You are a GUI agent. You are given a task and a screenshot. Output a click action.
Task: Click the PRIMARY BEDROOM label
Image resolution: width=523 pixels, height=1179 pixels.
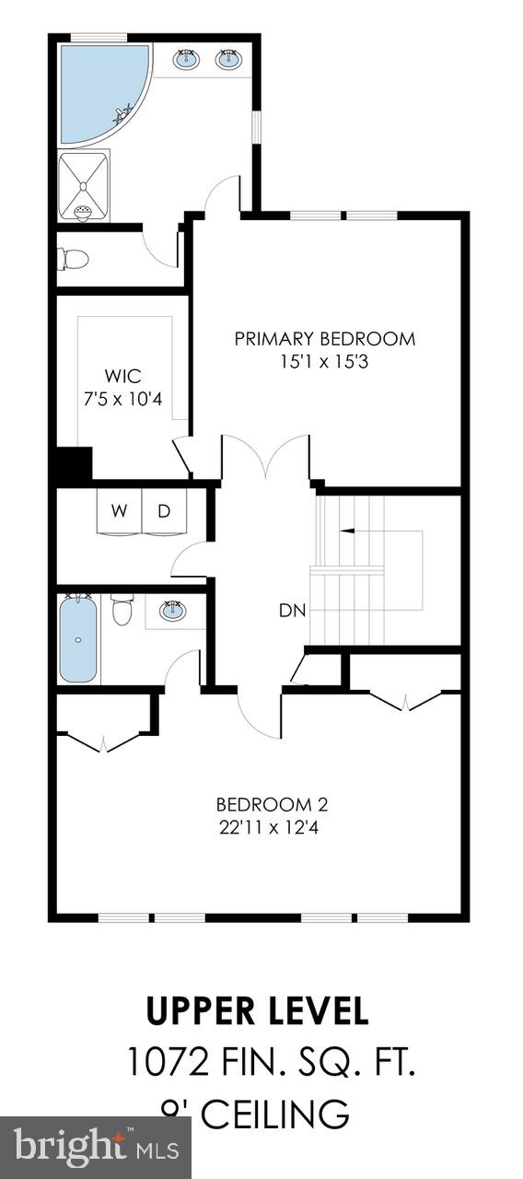(324, 339)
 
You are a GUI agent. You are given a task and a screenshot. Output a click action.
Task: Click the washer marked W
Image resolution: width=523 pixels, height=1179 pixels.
(120, 512)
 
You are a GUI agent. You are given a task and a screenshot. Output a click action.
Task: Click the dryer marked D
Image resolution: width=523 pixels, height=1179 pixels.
(164, 512)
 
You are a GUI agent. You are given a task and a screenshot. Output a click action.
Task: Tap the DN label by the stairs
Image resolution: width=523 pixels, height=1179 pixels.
(294, 610)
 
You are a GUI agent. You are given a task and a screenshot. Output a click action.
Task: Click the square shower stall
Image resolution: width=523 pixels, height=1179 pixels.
(84, 187)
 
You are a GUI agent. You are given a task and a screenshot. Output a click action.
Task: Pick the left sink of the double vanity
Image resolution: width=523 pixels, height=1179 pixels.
(186, 60)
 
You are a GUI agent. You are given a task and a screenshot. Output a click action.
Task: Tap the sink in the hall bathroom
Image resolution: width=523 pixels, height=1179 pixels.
(171, 611)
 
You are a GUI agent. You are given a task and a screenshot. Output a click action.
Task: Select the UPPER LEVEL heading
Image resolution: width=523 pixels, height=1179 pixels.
(258, 1010)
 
